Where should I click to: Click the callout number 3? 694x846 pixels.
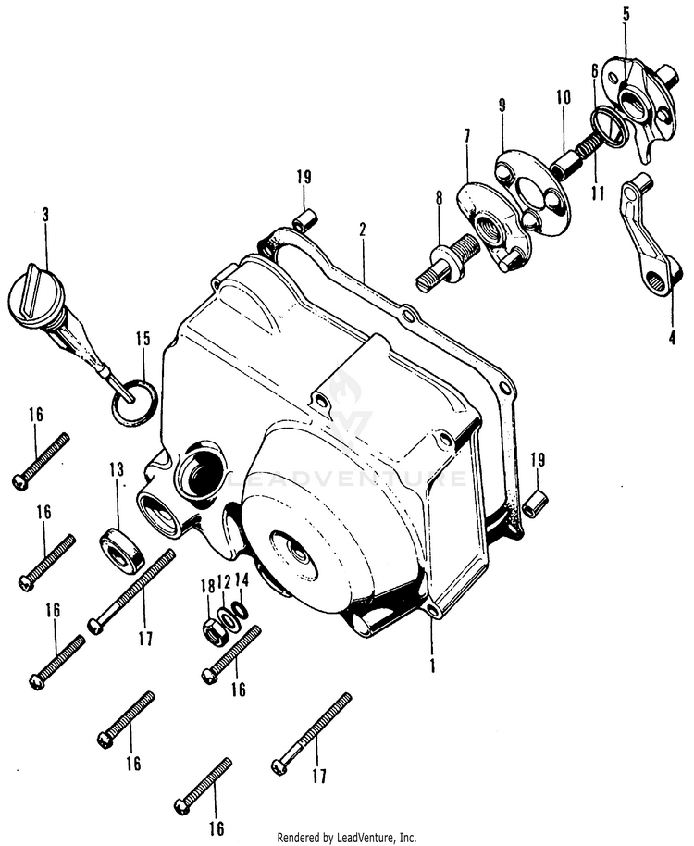[45, 215]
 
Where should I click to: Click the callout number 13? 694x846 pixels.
[117, 471]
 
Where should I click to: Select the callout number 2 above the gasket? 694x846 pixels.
[363, 228]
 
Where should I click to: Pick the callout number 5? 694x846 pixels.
[626, 14]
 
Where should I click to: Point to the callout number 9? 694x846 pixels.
[502, 105]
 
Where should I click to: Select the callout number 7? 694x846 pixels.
[466, 136]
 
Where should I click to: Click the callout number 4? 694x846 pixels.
[673, 337]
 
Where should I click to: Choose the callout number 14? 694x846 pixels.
[242, 580]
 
